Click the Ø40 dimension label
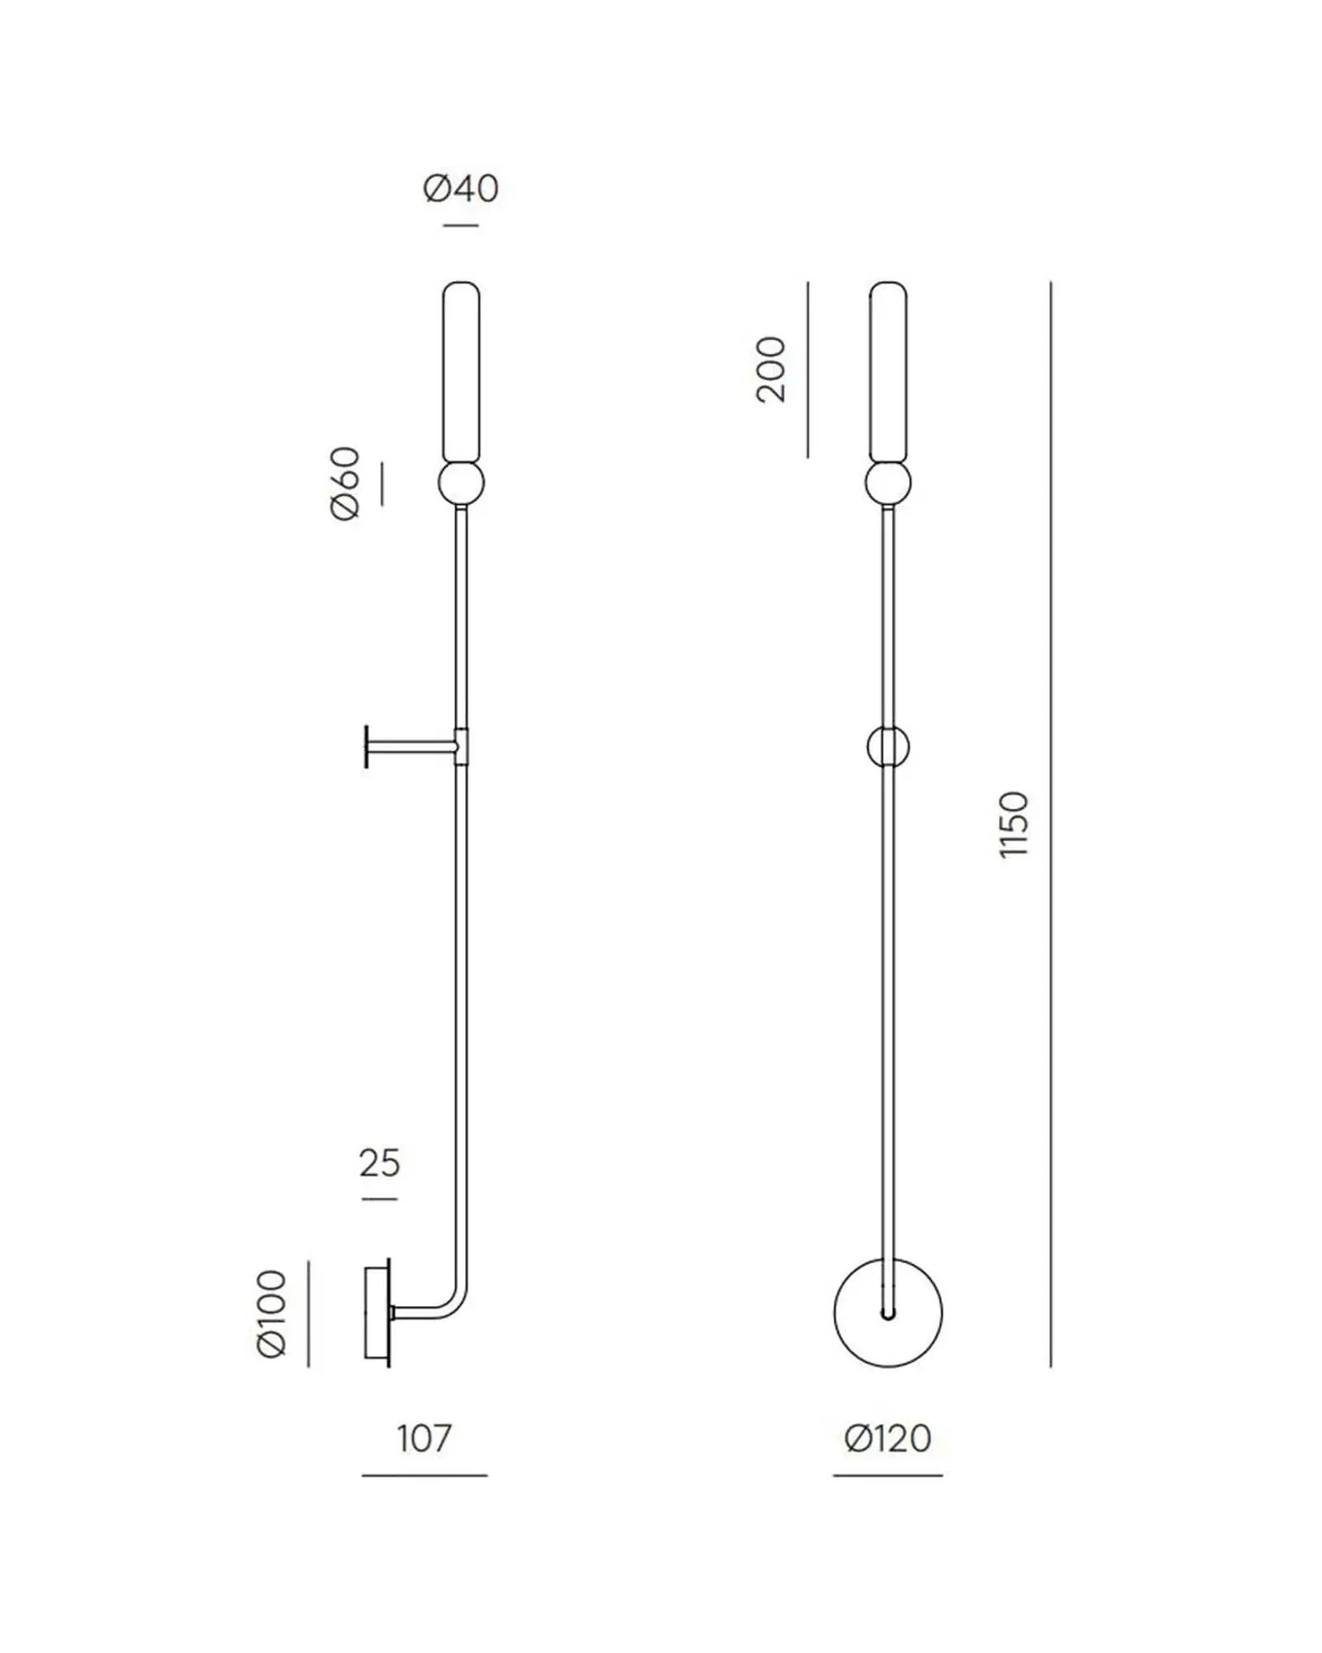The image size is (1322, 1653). point(461,188)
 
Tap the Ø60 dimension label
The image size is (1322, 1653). point(346,484)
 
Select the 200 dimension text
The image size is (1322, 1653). point(772,369)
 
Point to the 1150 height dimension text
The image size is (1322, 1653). point(1014,825)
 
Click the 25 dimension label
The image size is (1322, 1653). point(380,1163)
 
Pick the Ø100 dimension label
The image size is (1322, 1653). point(272,1313)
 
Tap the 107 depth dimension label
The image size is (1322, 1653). point(424,1438)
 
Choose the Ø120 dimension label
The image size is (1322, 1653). point(887,1438)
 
